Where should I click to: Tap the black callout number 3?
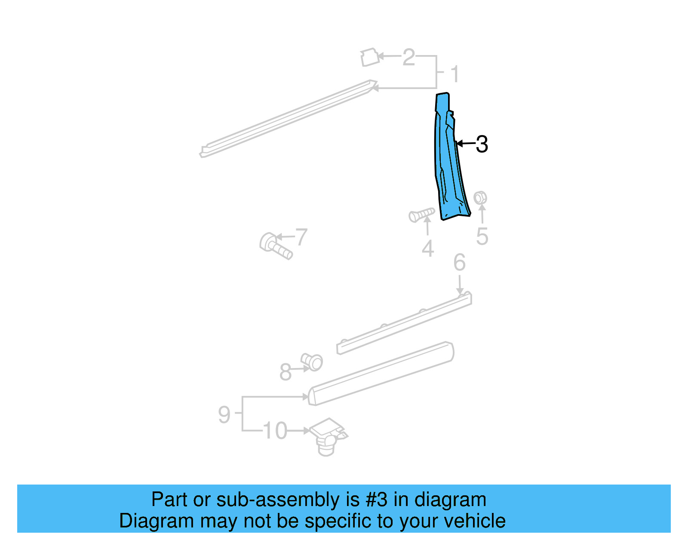(482, 144)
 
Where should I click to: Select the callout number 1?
(455, 74)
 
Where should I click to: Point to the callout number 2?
(408, 57)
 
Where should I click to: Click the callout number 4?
(427, 249)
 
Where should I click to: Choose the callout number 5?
(482, 236)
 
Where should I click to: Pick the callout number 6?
(459, 262)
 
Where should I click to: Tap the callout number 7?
(301, 237)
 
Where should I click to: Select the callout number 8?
(286, 372)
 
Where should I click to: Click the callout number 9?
(224, 414)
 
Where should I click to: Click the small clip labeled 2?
(369, 58)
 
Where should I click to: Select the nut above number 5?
(480, 198)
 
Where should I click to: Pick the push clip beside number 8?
(312, 362)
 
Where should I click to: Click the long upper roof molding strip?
(288, 118)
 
